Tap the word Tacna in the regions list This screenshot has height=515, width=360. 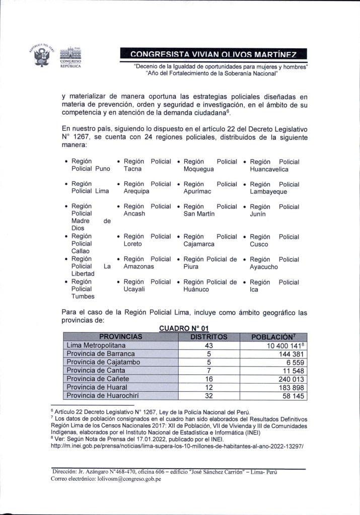[133, 170]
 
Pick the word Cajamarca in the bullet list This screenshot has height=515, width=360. [199, 244]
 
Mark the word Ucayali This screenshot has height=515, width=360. [135, 290]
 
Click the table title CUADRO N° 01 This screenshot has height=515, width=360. [180, 328]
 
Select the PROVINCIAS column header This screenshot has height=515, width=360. [121, 336]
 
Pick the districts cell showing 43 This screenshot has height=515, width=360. [210, 345]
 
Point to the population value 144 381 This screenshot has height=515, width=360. [286, 354]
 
